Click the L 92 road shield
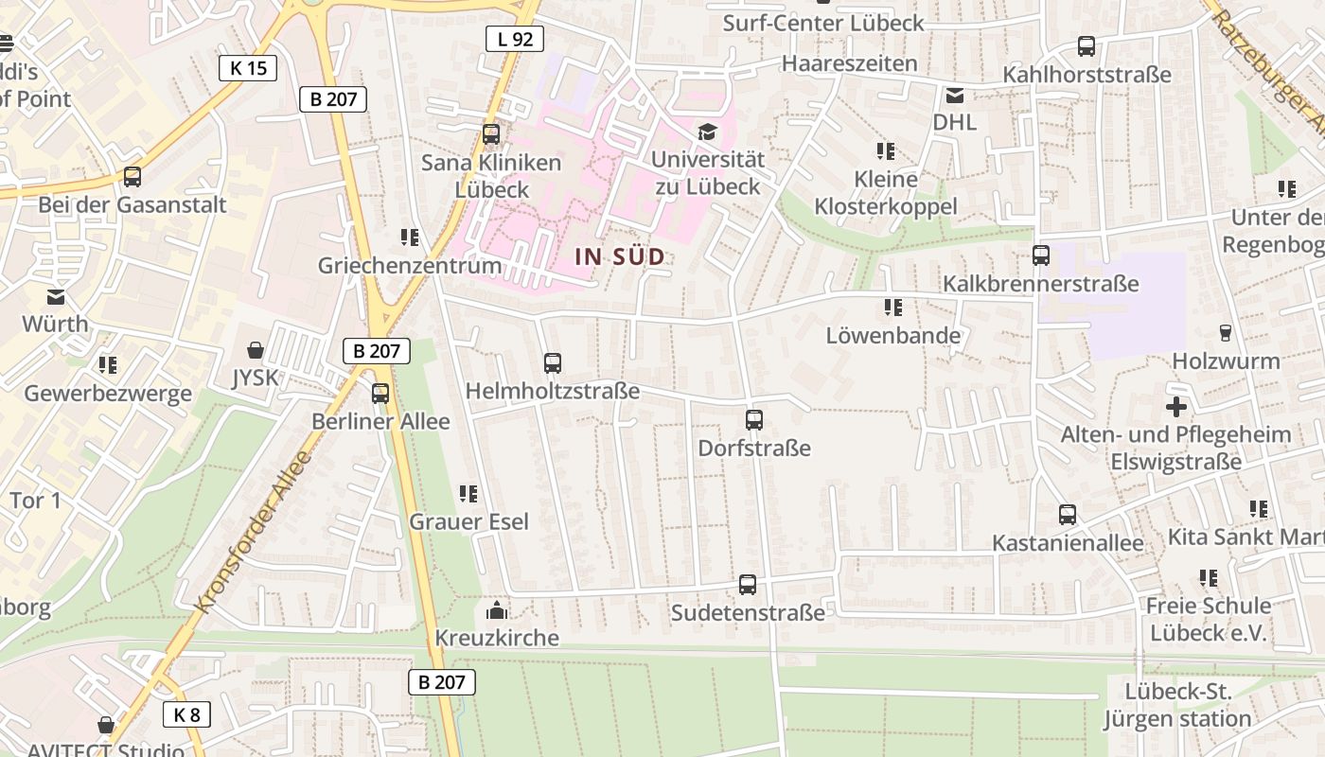[x=516, y=39]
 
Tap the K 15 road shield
[x=248, y=67]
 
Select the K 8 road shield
[x=186, y=714]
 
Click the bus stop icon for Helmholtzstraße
[x=553, y=362]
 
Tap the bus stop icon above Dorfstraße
[x=754, y=420]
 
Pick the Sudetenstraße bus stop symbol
[x=748, y=585]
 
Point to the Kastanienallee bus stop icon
[x=1068, y=515]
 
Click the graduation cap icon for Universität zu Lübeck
[x=707, y=132]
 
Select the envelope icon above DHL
[x=954, y=95]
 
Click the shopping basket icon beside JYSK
[x=255, y=350]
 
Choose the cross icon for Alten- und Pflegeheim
[x=1176, y=407]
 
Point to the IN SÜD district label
[x=620, y=256]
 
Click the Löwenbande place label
[x=892, y=335]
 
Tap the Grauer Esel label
[x=468, y=521]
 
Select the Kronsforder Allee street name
[x=253, y=532]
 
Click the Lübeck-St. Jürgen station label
[x=1177, y=705]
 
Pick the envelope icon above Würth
[x=56, y=296]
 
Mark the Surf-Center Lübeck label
[x=823, y=23]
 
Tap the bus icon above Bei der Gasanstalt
[x=132, y=177]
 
